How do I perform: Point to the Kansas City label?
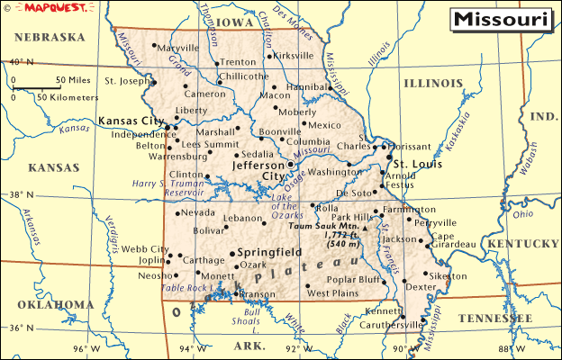click(x=131, y=121)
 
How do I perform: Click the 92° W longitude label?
click(x=293, y=348)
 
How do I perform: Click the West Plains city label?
click(x=331, y=293)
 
